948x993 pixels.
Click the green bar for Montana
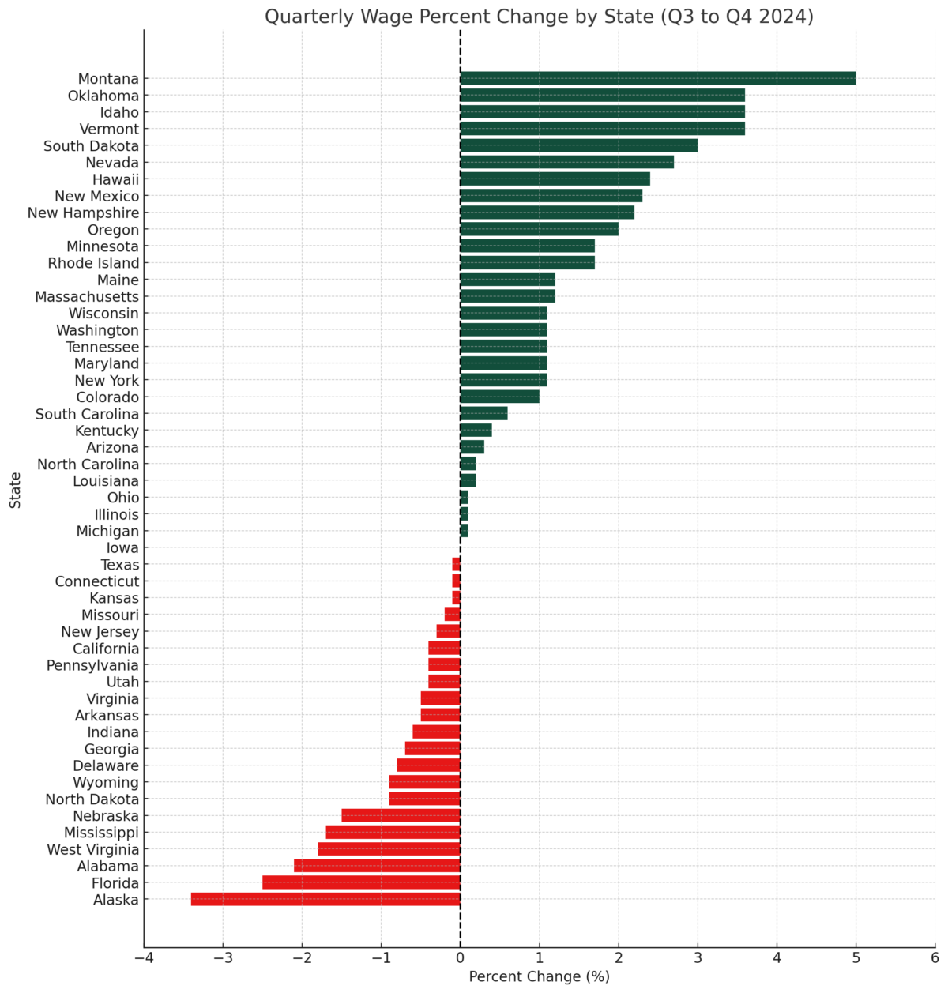click(x=657, y=78)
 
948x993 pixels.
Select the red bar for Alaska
click(x=325, y=899)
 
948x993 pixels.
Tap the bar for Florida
click(x=361, y=882)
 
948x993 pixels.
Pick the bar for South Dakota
click(x=578, y=145)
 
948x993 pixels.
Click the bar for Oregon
click(x=539, y=229)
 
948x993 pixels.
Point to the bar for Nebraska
click(x=401, y=815)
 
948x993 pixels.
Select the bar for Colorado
click(x=499, y=397)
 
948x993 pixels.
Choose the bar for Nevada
click(x=566, y=162)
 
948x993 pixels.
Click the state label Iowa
click(x=122, y=548)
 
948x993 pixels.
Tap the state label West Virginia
click(x=92, y=850)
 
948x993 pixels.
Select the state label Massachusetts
click(x=87, y=297)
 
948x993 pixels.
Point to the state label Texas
click(x=120, y=565)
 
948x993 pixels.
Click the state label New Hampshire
click(x=83, y=213)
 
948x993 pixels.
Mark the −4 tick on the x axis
click(x=144, y=958)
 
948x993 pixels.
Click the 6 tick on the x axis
click(x=935, y=958)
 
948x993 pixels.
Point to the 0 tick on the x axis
click(x=461, y=958)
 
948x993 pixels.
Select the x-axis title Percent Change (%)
click(x=539, y=977)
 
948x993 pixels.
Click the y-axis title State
click(x=16, y=490)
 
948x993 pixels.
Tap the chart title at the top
click(x=539, y=17)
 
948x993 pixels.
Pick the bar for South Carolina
click(x=483, y=413)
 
